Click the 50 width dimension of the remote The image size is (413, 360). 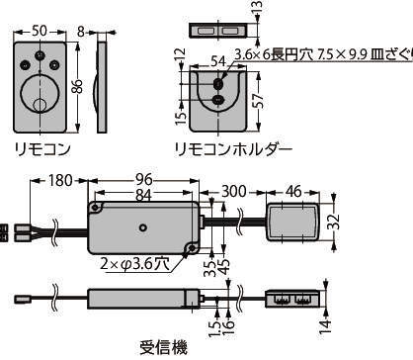coord(40,31)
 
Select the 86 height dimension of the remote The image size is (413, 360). coord(78,87)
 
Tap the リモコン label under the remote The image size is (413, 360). coord(42,149)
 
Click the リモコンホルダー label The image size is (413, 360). coord(233,150)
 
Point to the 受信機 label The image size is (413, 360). coord(164,347)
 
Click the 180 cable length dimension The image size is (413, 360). coord(60,180)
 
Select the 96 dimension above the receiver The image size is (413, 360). coord(144,179)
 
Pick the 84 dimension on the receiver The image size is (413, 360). coord(143,195)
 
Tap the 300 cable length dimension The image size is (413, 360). coord(234,191)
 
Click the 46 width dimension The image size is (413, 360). coord(293,191)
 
